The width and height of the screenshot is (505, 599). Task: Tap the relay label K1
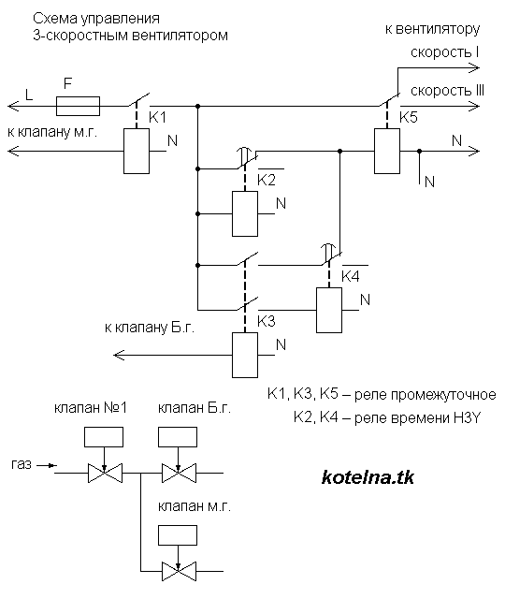point(158,118)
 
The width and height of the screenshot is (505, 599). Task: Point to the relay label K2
point(267,179)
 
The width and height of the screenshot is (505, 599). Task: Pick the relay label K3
point(267,320)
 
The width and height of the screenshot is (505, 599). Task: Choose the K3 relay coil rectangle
point(244,354)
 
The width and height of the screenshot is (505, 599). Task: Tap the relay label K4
point(350,276)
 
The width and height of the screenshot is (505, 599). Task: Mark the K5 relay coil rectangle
point(385,150)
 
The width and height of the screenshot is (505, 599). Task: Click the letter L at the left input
point(30,95)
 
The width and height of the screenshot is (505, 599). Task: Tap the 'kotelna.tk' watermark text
point(367,477)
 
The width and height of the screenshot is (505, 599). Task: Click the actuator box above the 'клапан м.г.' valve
point(178,534)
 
